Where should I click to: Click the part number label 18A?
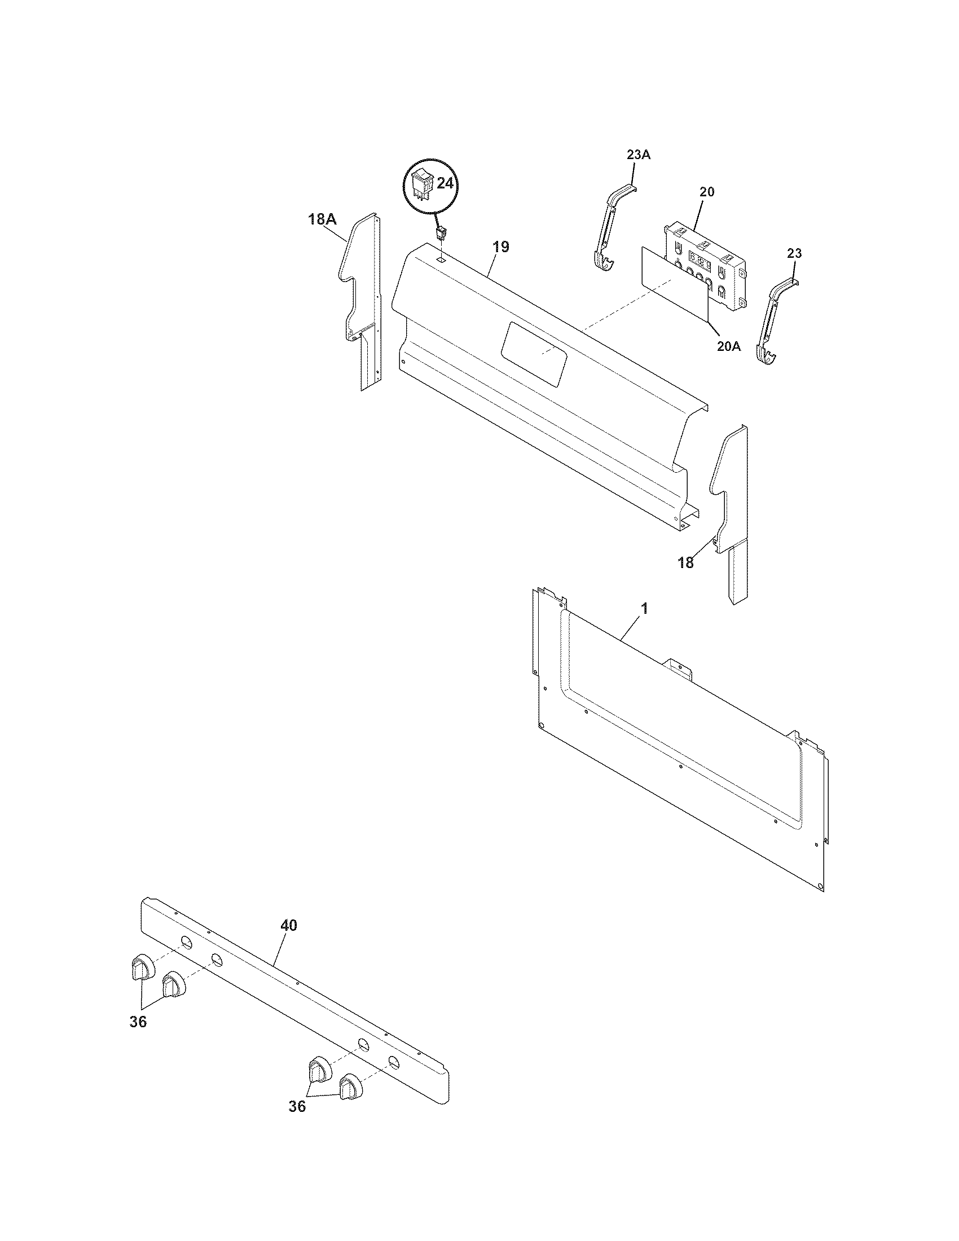pos(322,219)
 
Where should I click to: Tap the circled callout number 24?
pos(446,183)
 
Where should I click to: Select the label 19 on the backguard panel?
pos(500,247)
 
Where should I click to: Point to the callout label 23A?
pos(638,155)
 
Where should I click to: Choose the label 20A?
pos(728,346)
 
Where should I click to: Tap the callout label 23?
pos(794,253)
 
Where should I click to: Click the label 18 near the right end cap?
pos(686,562)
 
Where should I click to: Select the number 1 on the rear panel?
pos(644,608)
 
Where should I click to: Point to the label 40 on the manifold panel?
pos(289,925)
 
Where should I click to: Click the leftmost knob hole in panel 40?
pos(186,942)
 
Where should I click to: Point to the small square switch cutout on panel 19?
pos(441,259)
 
